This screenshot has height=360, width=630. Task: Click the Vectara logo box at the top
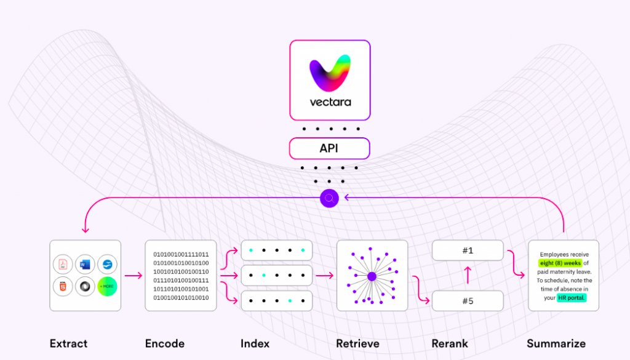point(330,80)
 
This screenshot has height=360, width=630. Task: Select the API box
point(330,148)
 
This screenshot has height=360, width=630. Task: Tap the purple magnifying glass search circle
point(330,198)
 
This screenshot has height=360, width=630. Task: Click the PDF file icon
point(63,265)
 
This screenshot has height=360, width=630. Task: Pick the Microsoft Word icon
point(85,265)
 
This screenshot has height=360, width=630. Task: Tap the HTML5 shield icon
point(63,287)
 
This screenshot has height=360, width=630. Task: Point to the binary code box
point(181,276)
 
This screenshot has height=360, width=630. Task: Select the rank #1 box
point(468,250)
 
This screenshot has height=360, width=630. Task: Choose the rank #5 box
point(468,300)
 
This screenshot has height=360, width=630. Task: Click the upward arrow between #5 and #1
point(468,275)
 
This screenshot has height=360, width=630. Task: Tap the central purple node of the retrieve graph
point(372,276)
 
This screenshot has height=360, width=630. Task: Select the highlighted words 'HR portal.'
point(572,298)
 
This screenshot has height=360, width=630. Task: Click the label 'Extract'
point(68,343)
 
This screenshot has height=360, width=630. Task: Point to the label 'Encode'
point(165,343)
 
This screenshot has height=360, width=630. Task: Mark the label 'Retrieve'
point(357,343)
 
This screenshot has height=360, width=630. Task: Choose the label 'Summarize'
point(556,343)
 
